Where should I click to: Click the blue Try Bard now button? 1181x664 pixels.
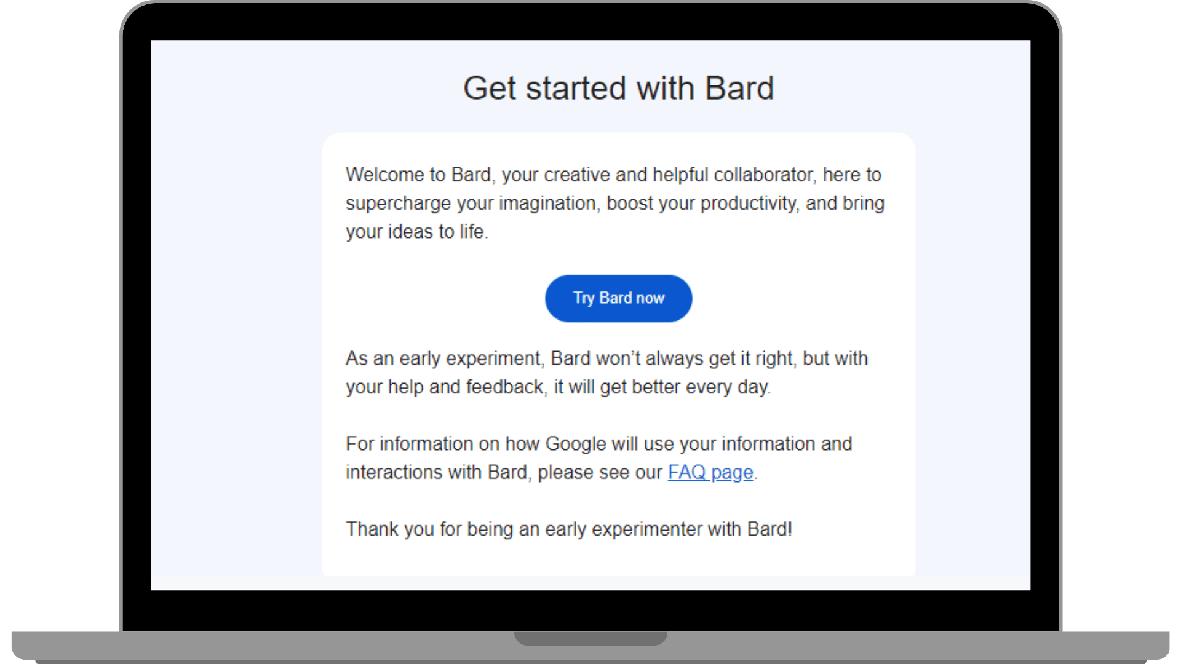(x=618, y=298)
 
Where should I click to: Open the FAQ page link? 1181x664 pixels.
(x=710, y=472)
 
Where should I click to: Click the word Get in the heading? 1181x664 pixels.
(x=489, y=89)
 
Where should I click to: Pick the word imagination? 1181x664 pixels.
(x=547, y=204)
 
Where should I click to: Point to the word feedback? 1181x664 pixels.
(x=505, y=387)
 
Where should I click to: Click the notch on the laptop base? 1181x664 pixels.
(x=590, y=638)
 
